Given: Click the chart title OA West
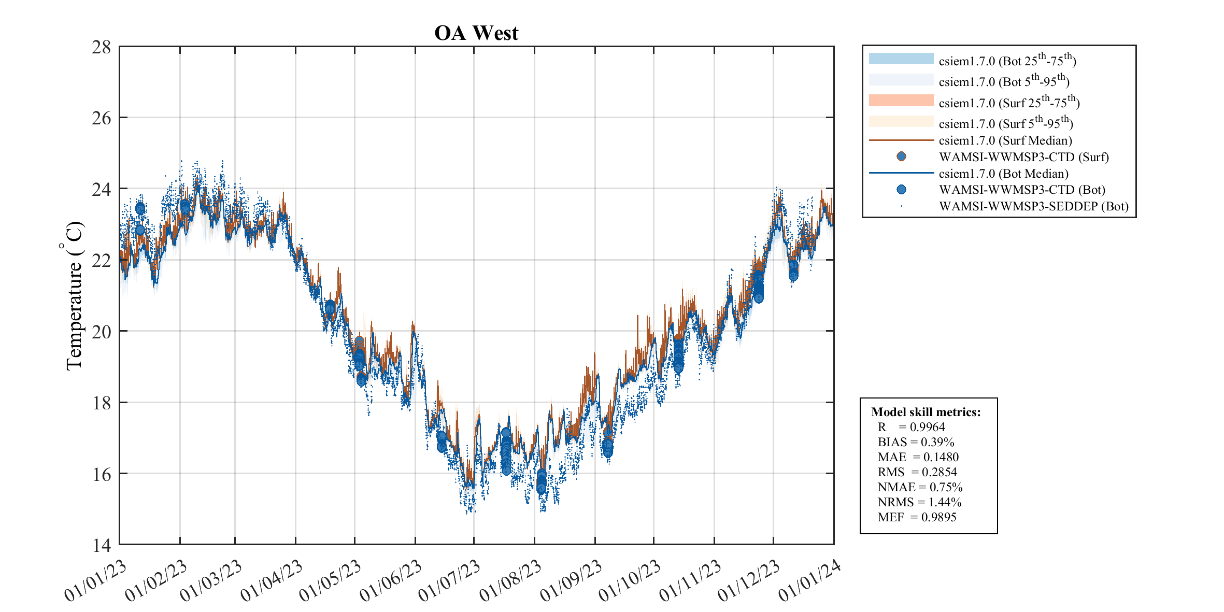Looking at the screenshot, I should (476, 33).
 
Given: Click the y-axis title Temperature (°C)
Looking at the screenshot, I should (74, 296).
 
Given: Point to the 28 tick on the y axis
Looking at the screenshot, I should (102, 47).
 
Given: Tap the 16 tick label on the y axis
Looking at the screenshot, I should (102, 474).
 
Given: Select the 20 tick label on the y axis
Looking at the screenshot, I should (102, 332).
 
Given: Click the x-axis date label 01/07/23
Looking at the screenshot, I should (449, 581).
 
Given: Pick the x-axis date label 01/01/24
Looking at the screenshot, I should (808, 581).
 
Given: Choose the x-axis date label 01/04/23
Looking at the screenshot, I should (271, 581).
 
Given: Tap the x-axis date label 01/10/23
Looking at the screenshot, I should (629, 581).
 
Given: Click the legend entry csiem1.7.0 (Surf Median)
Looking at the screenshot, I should (1005, 140).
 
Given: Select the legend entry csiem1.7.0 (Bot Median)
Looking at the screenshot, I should (1003, 174).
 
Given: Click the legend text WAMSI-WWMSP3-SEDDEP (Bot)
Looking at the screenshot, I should (1033, 206).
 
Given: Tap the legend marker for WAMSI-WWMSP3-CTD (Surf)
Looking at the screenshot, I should (901, 156).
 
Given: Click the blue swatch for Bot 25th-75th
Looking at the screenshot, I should (901, 59).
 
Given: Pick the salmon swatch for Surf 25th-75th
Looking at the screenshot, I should (901, 101).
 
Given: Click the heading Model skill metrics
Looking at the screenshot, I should (926, 412).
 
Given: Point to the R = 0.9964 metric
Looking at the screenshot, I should (911, 427).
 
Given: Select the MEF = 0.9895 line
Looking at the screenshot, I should (917, 517).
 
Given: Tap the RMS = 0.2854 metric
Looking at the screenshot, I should (917, 472).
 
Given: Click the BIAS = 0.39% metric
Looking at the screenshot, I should (916, 442).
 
